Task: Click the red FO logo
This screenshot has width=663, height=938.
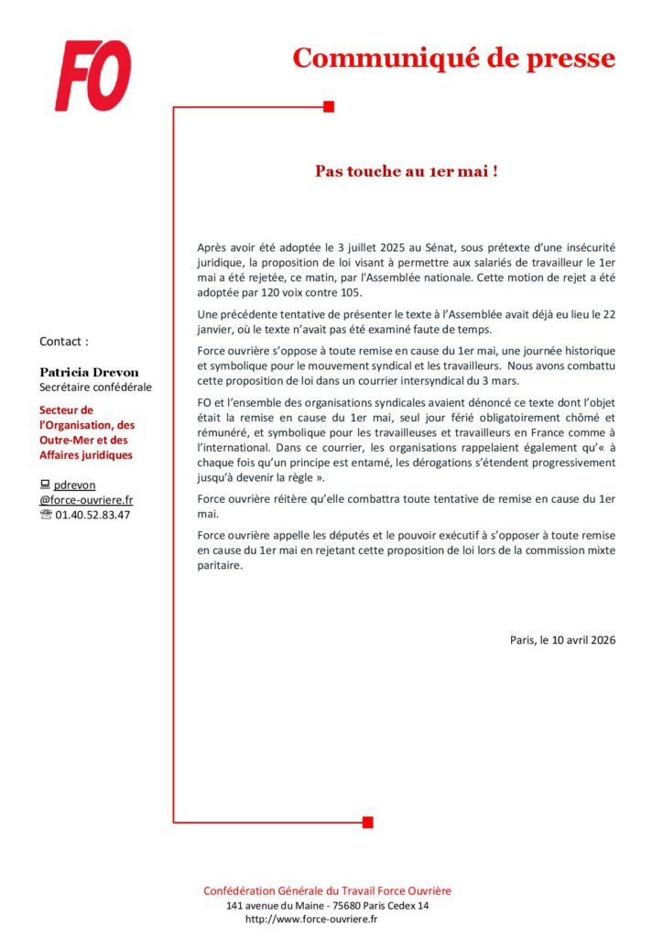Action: click(93, 75)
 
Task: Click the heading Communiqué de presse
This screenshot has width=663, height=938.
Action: click(453, 58)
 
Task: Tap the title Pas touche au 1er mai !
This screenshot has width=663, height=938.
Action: click(407, 171)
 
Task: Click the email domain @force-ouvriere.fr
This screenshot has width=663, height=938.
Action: click(86, 500)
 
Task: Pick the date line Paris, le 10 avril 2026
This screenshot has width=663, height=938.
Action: click(562, 639)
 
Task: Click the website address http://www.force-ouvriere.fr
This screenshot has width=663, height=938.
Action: click(312, 919)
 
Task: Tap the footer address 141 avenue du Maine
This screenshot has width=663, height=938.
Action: click(275, 905)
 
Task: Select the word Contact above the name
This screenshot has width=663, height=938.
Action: click(64, 342)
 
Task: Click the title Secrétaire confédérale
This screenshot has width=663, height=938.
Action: click(95, 387)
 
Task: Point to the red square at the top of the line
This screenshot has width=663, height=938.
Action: click(329, 107)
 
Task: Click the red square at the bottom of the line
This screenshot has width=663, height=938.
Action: click(367, 822)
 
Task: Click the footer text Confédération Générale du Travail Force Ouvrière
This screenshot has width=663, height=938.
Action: click(327, 890)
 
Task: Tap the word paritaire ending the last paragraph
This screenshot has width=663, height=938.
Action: click(220, 565)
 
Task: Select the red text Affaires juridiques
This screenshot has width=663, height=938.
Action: click(86, 454)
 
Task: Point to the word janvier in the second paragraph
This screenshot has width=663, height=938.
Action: click(217, 330)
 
